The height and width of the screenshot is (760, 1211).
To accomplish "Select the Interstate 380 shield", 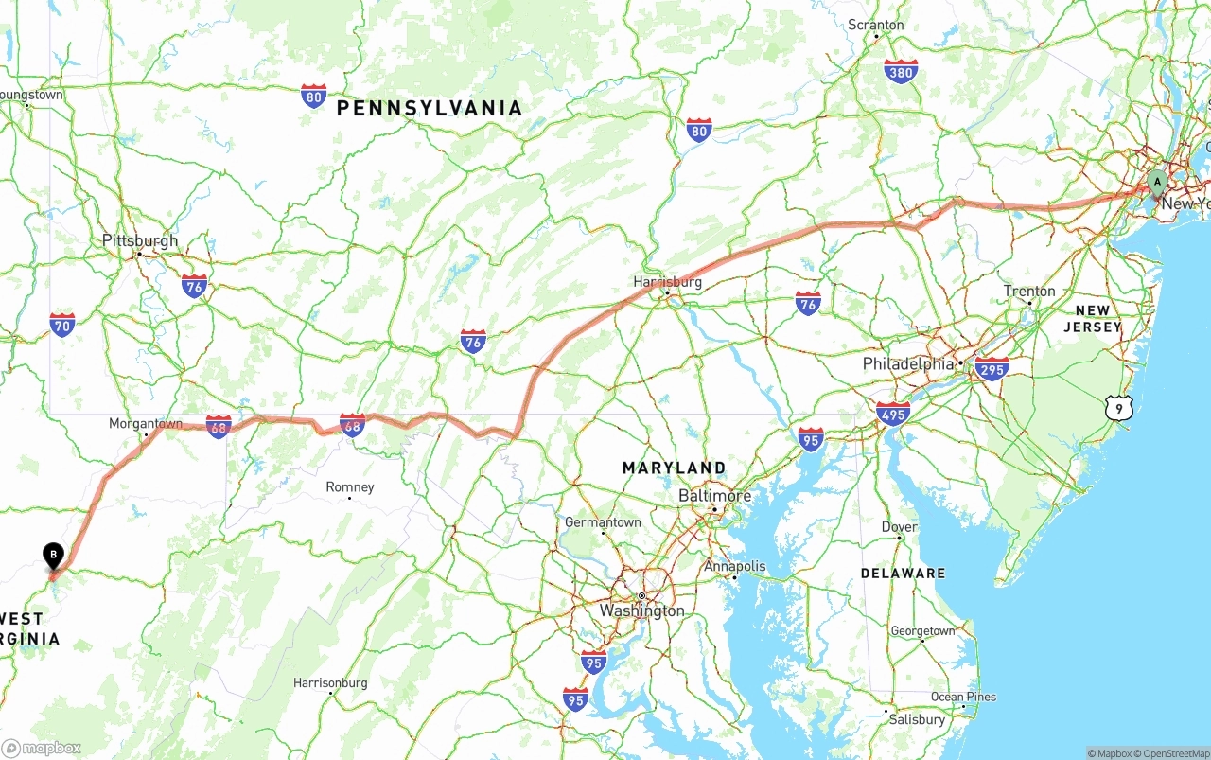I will click(x=901, y=72).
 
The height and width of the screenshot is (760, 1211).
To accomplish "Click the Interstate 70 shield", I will click(x=62, y=326).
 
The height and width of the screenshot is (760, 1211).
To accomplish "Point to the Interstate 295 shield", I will click(x=992, y=368).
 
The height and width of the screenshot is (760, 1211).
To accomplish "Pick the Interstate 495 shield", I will click(x=893, y=414).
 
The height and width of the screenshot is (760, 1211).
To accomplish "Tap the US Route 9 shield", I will click(x=1118, y=408).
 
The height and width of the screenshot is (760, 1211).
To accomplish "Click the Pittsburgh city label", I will click(x=140, y=241).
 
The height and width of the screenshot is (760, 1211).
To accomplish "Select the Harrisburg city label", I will click(x=668, y=282).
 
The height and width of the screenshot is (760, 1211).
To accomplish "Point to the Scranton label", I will click(x=876, y=25).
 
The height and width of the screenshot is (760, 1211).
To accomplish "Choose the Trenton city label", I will click(x=1029, y=292).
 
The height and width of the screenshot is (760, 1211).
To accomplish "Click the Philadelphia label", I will click(x=908, y=364).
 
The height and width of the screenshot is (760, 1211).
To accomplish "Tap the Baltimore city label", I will click(x=714, y=496).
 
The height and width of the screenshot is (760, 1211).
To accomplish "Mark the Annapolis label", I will click(x=735, y=566).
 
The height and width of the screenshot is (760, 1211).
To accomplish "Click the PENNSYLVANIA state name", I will click(x=430, y=109).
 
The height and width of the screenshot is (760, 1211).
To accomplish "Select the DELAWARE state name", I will click(x=903, y=574).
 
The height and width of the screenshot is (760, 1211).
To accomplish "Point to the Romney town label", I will click(x=350, y=487).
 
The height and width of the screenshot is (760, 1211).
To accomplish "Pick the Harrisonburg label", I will click(x=330, y=682).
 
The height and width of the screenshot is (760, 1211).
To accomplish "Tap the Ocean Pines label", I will click(x=963, y=697).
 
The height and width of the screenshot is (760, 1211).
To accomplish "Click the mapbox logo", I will click(x=42, y=748).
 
